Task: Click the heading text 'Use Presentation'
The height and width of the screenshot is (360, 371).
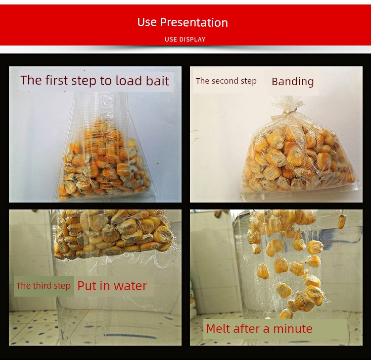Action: click(183, 22)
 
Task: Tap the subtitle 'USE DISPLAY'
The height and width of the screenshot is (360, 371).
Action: click(185, 39)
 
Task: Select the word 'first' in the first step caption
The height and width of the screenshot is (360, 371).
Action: click(56, 80)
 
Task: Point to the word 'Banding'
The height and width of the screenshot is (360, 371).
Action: click(293, 82)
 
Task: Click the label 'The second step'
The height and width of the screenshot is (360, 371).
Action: click(226, 81)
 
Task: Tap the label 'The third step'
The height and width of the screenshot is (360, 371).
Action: click(44, 286)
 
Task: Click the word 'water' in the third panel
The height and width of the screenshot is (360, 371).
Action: click(131, 286)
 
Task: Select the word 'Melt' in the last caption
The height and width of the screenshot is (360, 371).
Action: click(217, 328)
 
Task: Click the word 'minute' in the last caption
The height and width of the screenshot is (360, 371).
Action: click(293, 329)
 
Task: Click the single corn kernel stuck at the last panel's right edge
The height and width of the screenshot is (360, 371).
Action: click(341, 221)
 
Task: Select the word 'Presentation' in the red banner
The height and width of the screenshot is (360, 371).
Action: click(194, 22)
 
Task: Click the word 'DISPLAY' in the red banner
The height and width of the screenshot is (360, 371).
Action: click(191, 39)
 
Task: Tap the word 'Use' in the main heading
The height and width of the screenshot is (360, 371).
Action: click(147, 22)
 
